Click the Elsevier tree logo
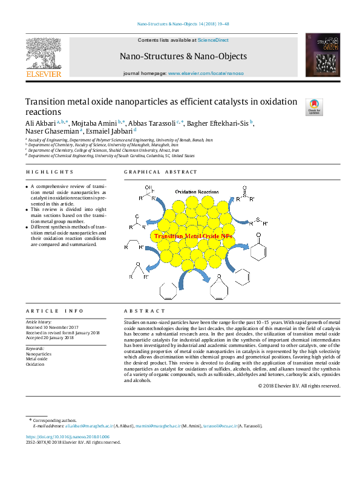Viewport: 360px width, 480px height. pyautogui.click(x=44, y=53)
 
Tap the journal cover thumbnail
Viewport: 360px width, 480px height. pyautogui.click(x=318, y=56)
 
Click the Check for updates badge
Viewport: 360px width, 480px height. pyautogui.click(x=315, y=107)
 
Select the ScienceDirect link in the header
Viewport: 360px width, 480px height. pyautogui.click(x=214, y=40)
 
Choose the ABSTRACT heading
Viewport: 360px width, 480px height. pyautogui.click(x=140, y=310)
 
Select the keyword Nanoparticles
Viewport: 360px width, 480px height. pyautogui.click(x=39, y=354)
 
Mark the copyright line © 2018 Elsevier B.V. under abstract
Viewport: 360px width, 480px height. pyautogui.click(x=299, y=386)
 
